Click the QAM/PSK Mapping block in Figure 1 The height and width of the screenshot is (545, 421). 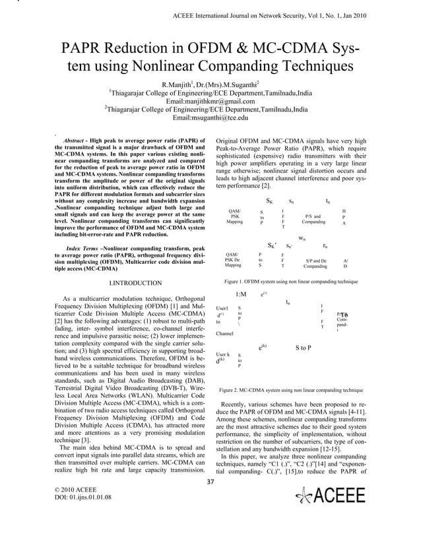[235, 217]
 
